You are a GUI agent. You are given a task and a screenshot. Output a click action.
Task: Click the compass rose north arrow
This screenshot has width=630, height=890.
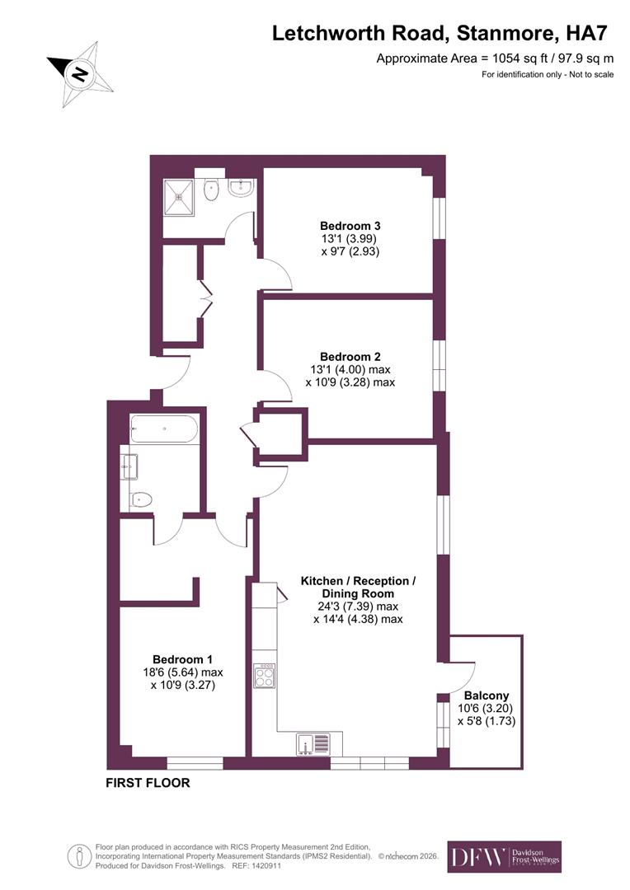80,73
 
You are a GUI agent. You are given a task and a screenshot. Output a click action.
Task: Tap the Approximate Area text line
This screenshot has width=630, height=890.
495,59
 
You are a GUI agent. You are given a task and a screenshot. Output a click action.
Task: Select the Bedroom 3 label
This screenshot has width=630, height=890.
350,226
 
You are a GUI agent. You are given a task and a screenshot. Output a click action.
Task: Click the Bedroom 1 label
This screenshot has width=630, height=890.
182,659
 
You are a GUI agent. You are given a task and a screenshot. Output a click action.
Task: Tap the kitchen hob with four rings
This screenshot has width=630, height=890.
265,676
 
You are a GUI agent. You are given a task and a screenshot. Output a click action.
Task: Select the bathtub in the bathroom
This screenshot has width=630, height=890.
164,429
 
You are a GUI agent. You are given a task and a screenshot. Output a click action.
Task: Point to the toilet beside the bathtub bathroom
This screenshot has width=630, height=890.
142,499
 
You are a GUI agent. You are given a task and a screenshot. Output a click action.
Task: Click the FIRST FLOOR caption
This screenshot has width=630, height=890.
148,783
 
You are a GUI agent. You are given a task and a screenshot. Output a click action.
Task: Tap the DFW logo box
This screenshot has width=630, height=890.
504,857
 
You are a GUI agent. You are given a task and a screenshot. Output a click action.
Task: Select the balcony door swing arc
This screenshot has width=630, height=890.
459,677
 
